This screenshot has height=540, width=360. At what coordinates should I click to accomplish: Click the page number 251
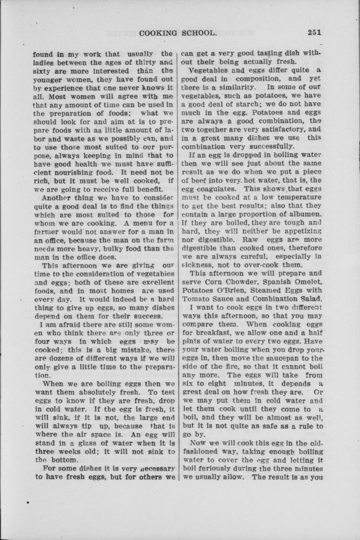coord(314,33)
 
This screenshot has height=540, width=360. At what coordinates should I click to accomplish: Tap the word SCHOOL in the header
coord(199,33)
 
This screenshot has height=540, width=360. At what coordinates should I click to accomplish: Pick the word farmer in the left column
coord(45,232)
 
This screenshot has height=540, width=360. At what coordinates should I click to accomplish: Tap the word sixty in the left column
coord(42,71)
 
